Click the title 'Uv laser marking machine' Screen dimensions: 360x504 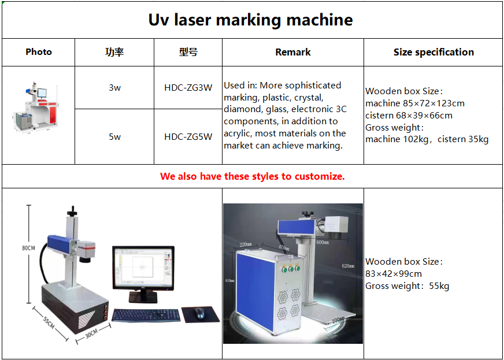251,20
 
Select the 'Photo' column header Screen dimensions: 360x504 39,52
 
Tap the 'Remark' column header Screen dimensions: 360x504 293,52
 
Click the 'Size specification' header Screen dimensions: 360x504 433,52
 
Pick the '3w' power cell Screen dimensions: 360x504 114,88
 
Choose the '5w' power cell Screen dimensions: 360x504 114,137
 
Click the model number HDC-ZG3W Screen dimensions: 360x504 188,88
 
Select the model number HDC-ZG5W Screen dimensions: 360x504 188,137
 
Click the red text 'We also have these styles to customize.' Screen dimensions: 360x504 253,176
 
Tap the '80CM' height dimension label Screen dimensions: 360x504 29,248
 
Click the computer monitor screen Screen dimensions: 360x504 142,269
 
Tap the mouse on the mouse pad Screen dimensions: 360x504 200,313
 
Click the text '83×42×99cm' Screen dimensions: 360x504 394,274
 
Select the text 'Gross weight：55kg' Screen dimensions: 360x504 407,286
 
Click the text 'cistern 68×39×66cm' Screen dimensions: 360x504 409,116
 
